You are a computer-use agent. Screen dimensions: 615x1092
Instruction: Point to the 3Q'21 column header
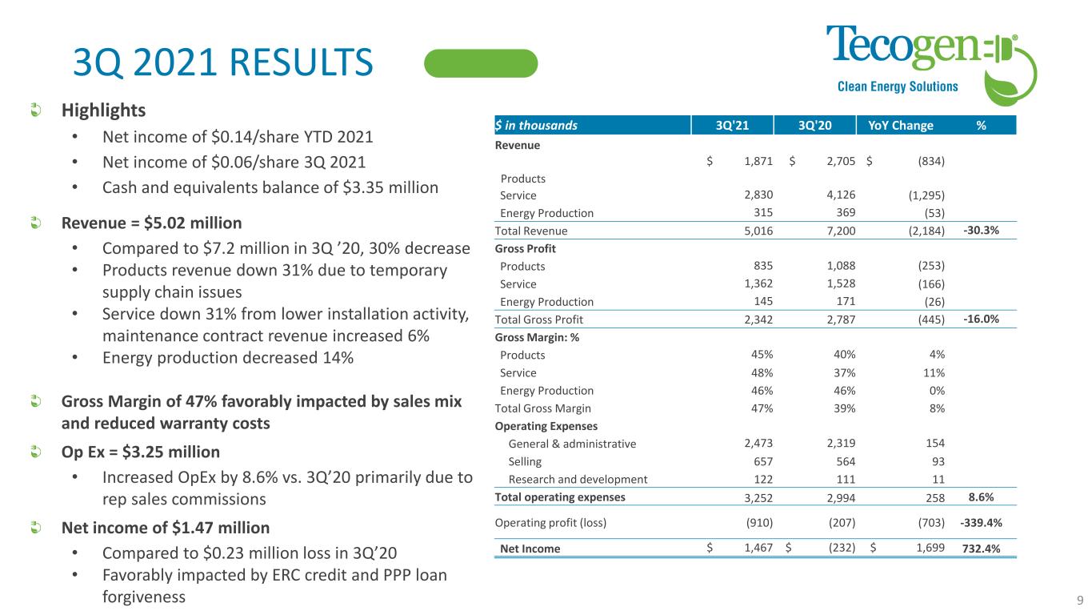click(x=732, y=125)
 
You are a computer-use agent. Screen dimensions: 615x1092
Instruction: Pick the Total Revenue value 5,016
click(x=757, y=231)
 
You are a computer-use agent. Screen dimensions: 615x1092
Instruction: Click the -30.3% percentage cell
click(x=981, y=231)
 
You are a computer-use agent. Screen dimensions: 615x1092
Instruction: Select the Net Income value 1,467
click(x=757, y=549)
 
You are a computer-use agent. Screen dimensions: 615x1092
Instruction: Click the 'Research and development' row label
click(x=578, y=480)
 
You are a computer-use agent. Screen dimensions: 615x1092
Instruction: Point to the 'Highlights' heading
click(x=104, y=109)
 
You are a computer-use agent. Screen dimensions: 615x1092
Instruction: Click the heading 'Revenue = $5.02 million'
click(x=151, y=222)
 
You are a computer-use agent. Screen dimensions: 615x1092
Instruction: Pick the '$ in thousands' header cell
click(x=536, y=125)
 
